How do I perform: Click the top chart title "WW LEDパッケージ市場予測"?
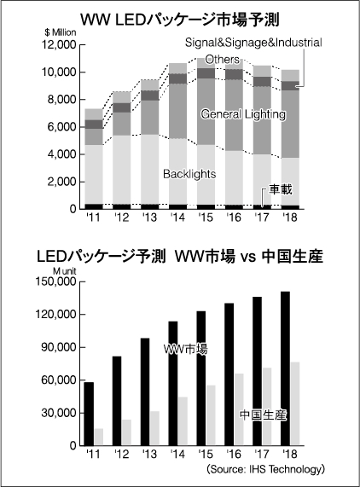click(179, 20)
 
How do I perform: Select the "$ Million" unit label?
click(61, 32)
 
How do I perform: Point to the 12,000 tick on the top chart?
click(59, 45)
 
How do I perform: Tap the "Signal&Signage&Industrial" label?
click(253, 43)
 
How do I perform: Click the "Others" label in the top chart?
click(222, 60)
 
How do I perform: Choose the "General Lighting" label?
click(243, 114)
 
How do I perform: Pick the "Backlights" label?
click(189, 174)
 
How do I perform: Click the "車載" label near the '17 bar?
click(281, 189)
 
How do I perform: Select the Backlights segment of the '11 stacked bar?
click(94, 174)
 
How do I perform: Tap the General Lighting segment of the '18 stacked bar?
click(290, 125)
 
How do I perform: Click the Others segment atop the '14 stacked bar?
click(178, 68)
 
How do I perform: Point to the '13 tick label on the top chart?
click(149, 217)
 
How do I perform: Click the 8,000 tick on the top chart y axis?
click(61, 100)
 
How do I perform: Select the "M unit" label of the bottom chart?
click(65, 271)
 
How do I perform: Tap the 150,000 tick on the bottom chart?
click(56, 281)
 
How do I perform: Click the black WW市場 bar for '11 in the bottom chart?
click(89, 414)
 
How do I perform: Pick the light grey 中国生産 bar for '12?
click(126, 432)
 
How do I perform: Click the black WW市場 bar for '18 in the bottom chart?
click(286, 368)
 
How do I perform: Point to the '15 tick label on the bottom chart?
click(206, 454)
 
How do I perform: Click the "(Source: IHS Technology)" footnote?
click(265, 469)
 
